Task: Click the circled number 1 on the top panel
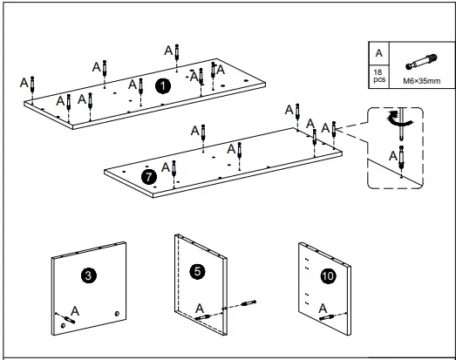pos(163,86)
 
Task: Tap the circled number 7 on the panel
pos(149,177)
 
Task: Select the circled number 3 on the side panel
pos(88,275)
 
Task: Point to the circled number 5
pos(197,272)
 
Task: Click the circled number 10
pos(328,276)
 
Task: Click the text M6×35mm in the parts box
pos(422,81)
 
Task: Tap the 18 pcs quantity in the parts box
pos(379,76)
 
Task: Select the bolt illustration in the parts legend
pos(421,62)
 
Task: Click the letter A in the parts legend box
pos(379,53)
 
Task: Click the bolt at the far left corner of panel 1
pos(32,84)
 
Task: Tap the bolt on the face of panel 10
pos(327,317)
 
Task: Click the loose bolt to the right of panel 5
pos(248,303)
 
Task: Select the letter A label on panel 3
pos(75,311)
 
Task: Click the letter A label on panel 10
pos(323,309)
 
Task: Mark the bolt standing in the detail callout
pos(401,157)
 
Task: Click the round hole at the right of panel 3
pos(117,314)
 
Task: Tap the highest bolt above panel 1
pos(177,52)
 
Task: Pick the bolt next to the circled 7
pos(174,168)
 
